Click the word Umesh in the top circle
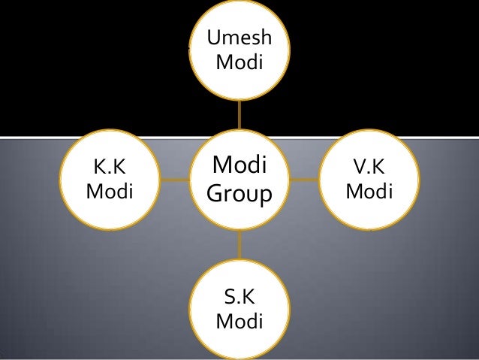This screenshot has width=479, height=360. [239, 39]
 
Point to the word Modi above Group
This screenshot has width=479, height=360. [240, 165]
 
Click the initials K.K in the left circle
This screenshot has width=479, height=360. [110, 167]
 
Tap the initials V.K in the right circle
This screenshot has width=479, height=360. [369, 167]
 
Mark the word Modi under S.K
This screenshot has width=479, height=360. [239, 322]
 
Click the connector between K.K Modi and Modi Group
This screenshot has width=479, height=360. [174, 180]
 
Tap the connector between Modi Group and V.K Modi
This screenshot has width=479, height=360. [305, 180]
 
